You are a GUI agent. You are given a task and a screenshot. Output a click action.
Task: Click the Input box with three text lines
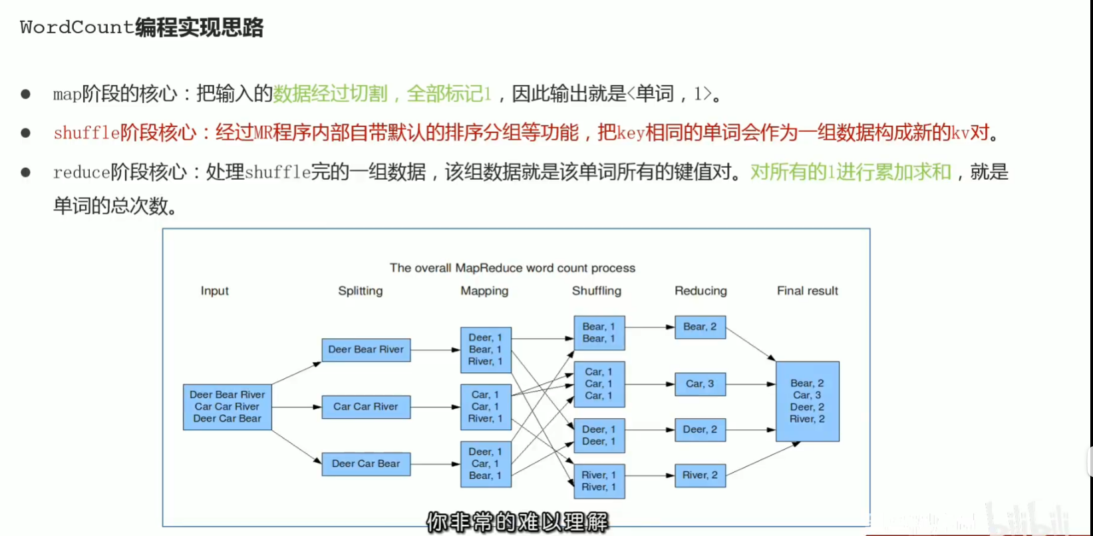(x=227, y=407)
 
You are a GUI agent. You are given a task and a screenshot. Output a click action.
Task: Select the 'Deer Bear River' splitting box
(x=366, y=350)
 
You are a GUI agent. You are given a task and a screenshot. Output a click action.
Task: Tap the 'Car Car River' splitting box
(x=366, y=407)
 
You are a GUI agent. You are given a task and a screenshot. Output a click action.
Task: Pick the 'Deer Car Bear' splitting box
(x=366, y=464)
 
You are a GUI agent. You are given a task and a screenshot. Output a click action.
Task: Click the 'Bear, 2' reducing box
(x=700, y=327)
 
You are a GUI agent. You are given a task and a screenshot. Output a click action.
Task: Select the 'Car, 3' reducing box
(x=700, y=384)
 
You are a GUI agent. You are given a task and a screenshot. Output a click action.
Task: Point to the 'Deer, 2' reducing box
(x=700, y=430)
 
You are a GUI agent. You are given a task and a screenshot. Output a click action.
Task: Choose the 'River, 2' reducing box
(x=700, y=475)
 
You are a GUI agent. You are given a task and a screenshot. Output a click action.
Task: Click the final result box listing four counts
(x=807, y=402)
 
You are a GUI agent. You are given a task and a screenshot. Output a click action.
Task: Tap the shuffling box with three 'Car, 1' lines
(x=599, y=384)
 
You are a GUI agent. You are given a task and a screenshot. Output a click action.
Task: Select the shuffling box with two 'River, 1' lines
(x=599, y=481)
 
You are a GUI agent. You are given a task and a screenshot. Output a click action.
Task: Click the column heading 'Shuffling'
(x=596, y=291)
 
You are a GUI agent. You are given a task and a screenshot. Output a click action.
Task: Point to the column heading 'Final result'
(x=807, y=291)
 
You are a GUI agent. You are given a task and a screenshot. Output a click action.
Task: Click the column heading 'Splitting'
(x=360, y=291)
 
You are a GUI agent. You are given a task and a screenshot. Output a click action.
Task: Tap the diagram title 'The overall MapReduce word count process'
(x=512, y=268)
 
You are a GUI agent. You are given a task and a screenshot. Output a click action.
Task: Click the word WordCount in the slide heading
(x=77, y=27)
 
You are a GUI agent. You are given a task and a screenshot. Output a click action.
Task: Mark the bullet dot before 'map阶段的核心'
(x=25, y=94)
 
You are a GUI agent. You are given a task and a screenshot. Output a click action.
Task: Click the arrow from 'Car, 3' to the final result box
(x=750, y=384)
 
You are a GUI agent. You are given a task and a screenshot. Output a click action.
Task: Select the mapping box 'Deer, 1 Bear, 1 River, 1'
(x=486, y=350)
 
